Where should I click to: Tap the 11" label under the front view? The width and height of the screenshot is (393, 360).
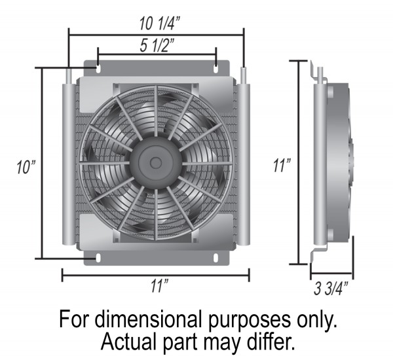click(157, 285)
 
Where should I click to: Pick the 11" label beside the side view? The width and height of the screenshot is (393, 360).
click(282, 166)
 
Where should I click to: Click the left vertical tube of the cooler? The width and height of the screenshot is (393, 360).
click(69, 164)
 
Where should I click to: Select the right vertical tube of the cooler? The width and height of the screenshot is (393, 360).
click(243, 164)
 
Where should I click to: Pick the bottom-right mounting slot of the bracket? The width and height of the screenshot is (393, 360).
click(215, 257)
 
